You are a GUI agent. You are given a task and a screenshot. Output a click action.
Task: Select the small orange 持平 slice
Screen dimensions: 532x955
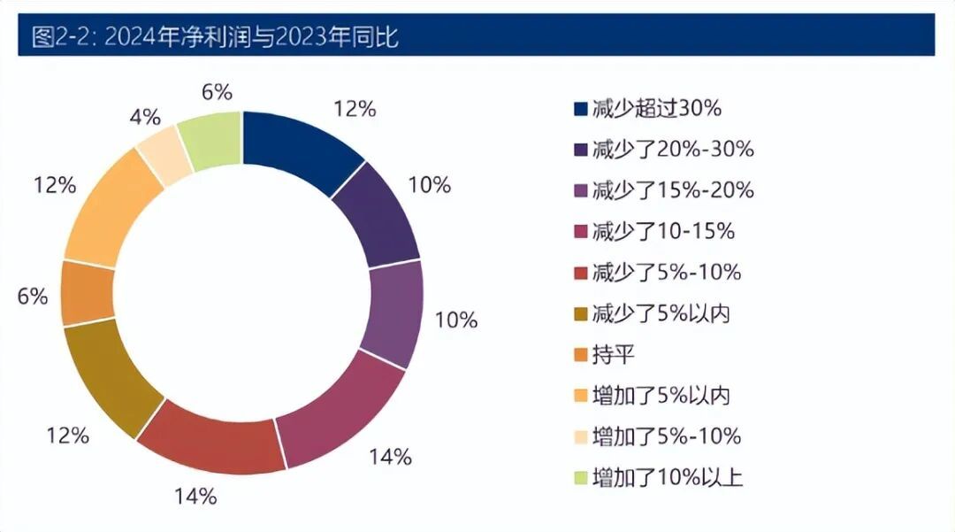coord(88,293)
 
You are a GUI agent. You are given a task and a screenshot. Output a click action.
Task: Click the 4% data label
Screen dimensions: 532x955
coord(144,116)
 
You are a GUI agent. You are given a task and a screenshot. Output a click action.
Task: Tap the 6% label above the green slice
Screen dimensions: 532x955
coord(217,91)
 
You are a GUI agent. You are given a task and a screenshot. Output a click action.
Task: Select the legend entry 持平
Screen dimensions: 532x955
coord(614,354)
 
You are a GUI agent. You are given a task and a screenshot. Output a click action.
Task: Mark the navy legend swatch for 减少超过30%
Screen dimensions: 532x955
coord(580,109)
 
